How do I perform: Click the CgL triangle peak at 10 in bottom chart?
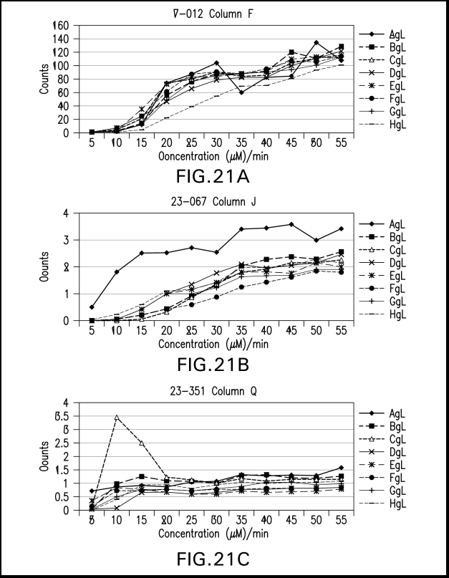pos(117,418)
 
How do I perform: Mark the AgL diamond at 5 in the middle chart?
pos(92,307)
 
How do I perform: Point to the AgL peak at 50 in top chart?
pos(316,43)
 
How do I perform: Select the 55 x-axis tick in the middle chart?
pos(341,331)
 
